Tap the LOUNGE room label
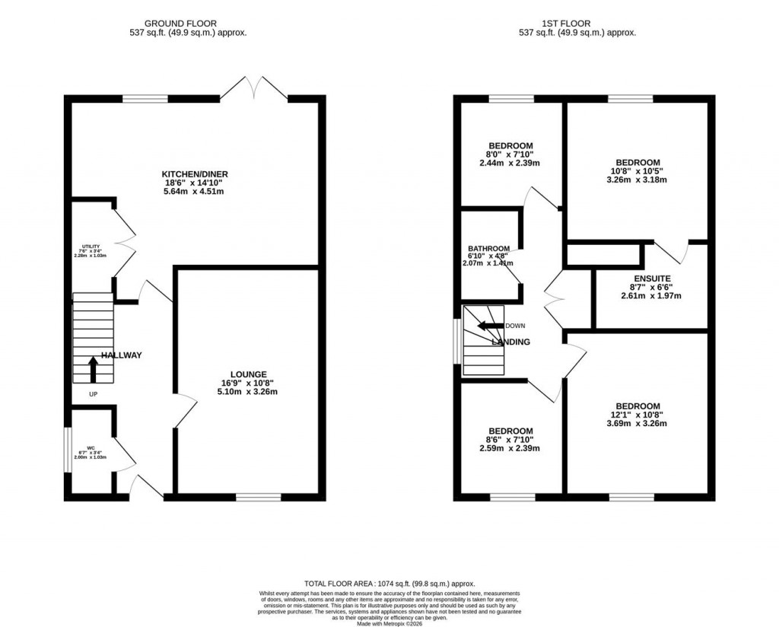pos(249,374)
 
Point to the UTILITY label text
pos(91,247)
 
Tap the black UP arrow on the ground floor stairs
pos(94,369)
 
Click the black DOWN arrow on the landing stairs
pos(490,326)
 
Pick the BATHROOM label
pos(488,249)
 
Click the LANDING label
pos(510,342)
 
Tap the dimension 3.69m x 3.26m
pos(637,424)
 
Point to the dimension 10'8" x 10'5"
pos(638,171)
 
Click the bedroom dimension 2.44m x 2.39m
pos(510,164)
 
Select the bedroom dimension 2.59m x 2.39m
pos(510,449)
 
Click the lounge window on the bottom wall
pos(258,498)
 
